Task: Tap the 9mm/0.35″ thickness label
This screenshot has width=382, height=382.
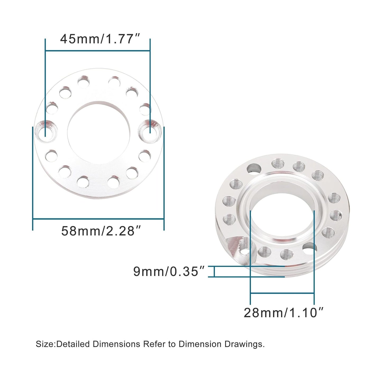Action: point(169,271)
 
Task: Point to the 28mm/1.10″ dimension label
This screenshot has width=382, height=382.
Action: point(284,313)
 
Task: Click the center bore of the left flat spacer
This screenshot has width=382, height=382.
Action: point(98,132)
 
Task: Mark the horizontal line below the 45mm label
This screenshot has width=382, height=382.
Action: point(98,50)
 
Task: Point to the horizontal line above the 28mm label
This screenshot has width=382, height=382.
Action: point(282,293)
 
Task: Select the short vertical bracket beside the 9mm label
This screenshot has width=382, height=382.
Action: point(214,271)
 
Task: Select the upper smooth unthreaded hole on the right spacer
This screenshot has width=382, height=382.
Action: point(254,168)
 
